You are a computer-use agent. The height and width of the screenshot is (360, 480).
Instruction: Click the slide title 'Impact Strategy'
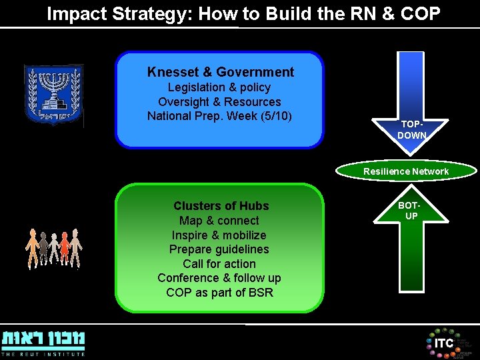point(243,14)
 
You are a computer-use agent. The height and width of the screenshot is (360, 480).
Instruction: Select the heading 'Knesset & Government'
point(221,72)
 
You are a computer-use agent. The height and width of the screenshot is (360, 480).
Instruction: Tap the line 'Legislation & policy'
point(219,87)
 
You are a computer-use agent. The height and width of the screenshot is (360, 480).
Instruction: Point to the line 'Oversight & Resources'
point(219,102)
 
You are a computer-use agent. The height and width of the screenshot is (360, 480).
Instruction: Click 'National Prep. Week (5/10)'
point(219,116)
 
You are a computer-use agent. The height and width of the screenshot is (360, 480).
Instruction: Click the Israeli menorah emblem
point(53,95)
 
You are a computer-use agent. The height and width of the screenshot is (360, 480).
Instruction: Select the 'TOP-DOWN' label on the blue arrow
point(411,129)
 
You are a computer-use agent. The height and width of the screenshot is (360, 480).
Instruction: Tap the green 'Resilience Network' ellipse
point(406,171)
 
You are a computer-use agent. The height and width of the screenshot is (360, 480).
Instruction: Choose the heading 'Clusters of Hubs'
point(221,206)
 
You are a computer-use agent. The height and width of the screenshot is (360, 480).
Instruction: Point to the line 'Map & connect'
point(219,221)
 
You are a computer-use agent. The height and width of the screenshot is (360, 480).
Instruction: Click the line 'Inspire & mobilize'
point(219,235)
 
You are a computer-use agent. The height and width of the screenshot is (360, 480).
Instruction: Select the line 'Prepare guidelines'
point(219,249)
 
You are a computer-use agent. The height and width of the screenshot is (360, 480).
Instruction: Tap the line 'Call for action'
point(219,264)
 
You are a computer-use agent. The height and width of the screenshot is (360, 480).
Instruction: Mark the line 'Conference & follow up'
point(219,278)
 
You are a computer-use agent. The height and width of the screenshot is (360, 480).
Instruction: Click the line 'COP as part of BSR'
point(219,293)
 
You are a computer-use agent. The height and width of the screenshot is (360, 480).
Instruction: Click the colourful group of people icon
point(53,248)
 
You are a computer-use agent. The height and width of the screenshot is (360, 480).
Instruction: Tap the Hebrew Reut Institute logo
point(43,339)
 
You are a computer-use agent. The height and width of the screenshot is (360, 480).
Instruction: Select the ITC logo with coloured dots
point(443,342)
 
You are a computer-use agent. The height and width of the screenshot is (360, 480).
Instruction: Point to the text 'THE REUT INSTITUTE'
point(43,354)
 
